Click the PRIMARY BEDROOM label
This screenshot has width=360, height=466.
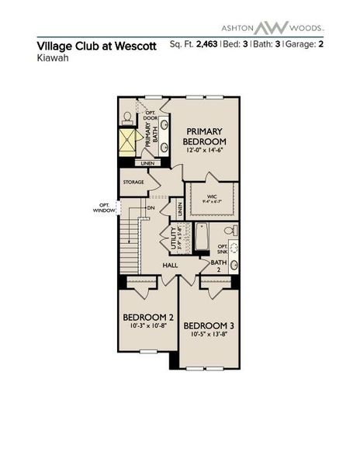coord(204,136)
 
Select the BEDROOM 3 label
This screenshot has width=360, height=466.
coord(209,325)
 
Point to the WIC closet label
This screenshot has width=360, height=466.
coord(211,197)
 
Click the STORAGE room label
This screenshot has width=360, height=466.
coord(133,182)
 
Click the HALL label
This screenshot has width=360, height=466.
coord(171,266)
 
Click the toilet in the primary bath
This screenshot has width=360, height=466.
coord(127,117)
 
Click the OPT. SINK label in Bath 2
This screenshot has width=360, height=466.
coord(223,249)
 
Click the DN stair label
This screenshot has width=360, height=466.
coord(151,208)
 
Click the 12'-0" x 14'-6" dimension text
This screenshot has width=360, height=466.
coord(205,151)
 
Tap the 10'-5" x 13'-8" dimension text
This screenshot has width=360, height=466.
coord(209,335)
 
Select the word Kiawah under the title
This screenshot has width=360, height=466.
coord(51,57)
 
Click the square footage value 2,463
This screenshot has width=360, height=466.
coord(205,45)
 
